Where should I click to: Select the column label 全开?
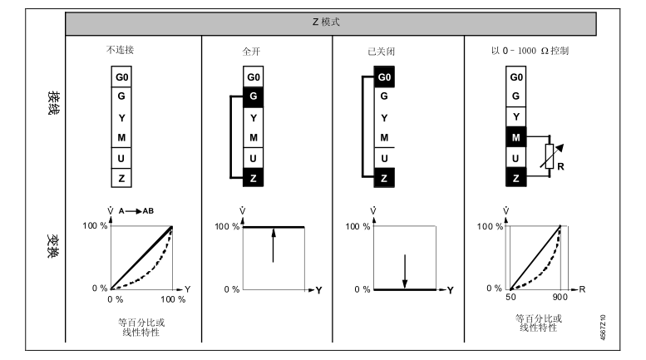point(241,51)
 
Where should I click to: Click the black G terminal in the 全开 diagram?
point(254,96)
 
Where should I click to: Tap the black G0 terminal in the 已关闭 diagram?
point(384,77)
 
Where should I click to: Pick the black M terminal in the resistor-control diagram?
point(516,137)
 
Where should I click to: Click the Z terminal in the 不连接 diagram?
point(122,177)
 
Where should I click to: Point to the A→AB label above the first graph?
point(137,211)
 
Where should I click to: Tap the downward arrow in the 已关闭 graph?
point(404,270)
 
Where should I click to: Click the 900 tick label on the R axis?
point(560,298)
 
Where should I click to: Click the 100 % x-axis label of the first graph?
point(171,298)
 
